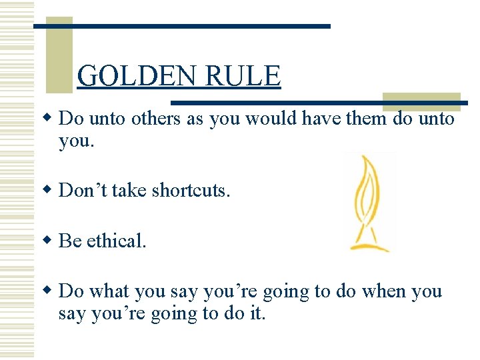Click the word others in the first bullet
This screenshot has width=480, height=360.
[x=156, y=119]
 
